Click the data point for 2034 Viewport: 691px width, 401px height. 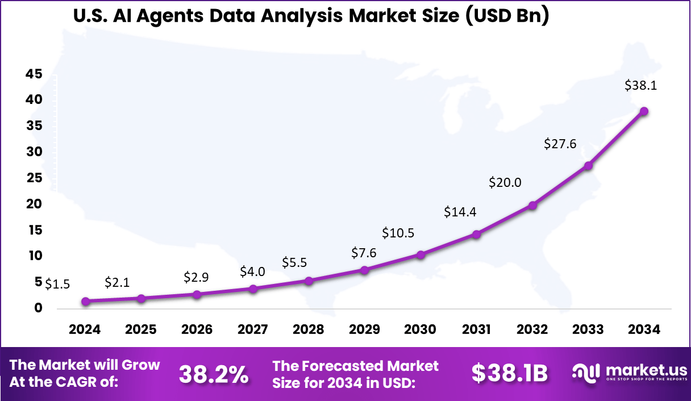click(x=644, y=111)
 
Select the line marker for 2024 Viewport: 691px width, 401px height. click(x=85, y=302)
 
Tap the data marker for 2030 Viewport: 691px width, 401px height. click(x=421, y=255)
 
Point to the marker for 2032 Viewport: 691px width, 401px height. click(x=532, y=206)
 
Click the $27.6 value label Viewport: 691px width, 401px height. click(x=560, y=144)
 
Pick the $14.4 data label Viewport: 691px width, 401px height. click(x=460, y=212)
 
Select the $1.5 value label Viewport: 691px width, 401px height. click(x=57, y=284)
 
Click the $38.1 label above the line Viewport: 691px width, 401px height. click(x=640, y=86)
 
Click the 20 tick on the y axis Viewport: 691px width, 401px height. click(x=34, y=204)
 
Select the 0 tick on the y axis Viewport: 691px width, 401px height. click(x=38, y=308)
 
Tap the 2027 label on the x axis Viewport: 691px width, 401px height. click(x=253, y=329)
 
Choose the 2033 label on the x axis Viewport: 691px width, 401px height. click(x=588, y=329)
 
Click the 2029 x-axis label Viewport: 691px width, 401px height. click(x=365, y=329)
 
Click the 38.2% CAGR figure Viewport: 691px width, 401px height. click(x=214, y=374)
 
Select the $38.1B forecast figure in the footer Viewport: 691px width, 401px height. click(x=509, y=374)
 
